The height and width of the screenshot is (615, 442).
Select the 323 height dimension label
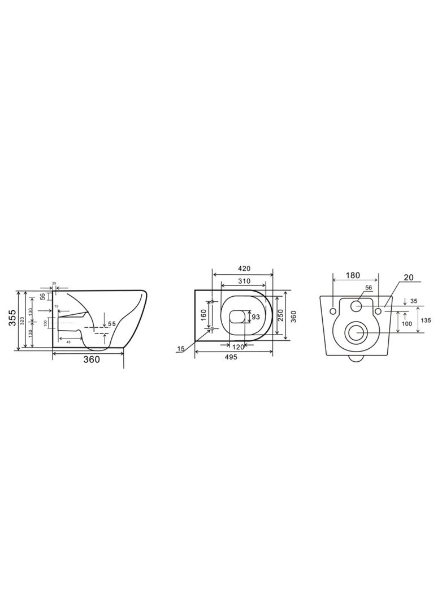pos(23,321)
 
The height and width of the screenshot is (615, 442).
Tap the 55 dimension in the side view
pos(112,323)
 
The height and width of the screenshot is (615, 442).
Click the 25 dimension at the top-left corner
pos(54,283)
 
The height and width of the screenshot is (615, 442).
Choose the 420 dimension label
pos(244,268)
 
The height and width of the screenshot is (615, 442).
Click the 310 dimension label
pos(244,281)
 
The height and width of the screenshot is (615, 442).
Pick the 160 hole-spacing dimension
pos(204,314)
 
